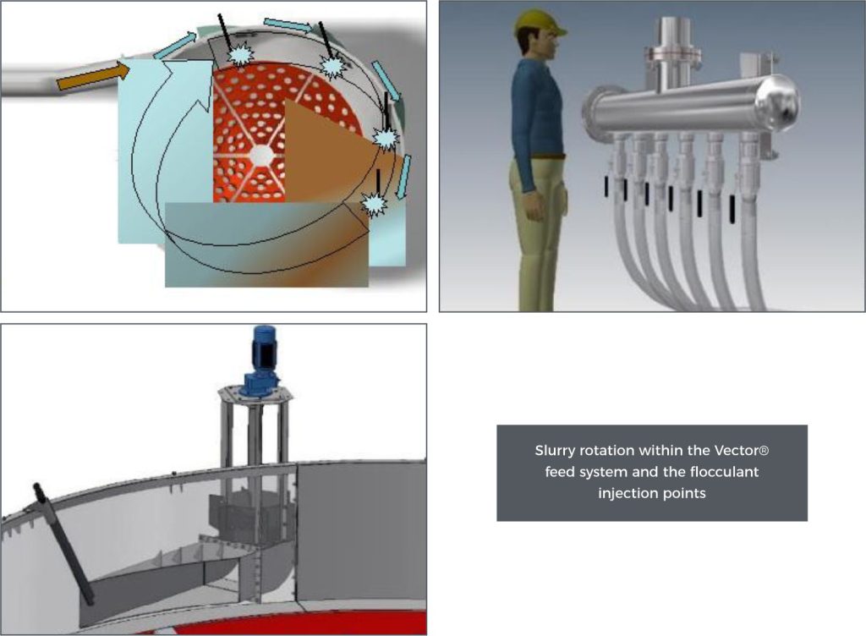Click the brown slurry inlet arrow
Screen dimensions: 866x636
93,77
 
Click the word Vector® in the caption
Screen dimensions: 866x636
741,451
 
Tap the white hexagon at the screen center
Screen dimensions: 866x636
260,155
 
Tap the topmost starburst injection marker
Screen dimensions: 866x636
241,54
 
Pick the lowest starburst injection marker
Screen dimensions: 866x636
374,205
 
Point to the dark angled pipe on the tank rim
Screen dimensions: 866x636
64,544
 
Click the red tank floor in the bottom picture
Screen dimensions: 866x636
310,623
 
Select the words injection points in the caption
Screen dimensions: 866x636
652,493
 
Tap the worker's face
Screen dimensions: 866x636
547,43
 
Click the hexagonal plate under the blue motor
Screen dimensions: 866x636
255,394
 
